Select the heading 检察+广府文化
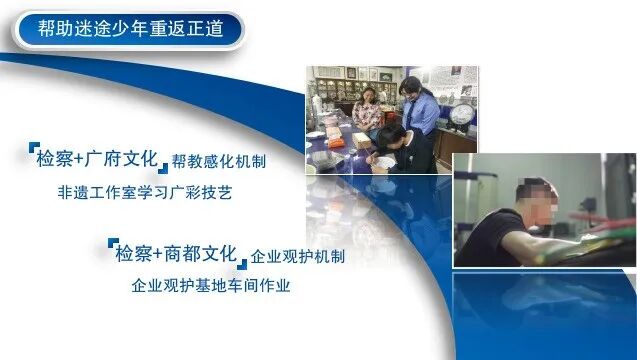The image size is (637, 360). point(96,158)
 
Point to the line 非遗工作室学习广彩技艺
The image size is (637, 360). point(145,192)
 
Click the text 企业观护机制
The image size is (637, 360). point(297,256)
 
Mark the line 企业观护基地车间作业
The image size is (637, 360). point(211,285)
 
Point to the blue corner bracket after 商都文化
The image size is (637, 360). point(241,263)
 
